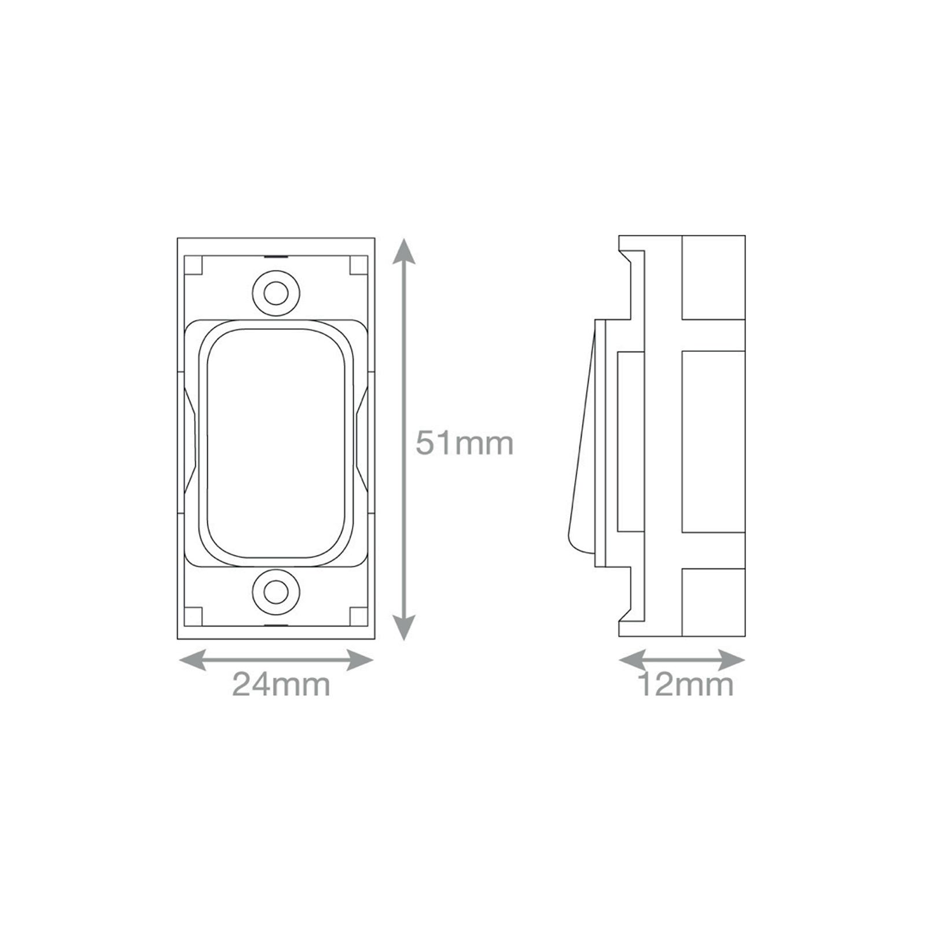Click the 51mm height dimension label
465,444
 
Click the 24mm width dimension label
281,685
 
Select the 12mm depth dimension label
685,685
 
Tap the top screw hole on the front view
276,293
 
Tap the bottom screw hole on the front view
276,591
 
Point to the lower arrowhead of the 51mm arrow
403,627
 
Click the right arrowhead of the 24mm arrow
360,659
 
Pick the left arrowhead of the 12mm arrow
633,659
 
